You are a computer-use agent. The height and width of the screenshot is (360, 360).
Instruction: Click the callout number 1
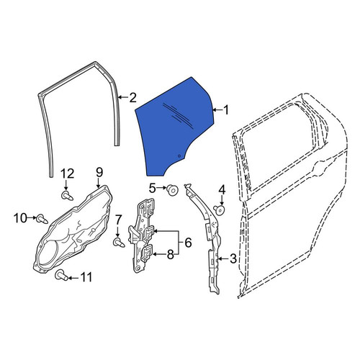[x=226, y=110]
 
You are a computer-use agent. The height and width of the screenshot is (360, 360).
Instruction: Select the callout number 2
[x=132, y=98]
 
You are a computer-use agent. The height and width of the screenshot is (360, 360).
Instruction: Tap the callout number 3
[x=233, y=258]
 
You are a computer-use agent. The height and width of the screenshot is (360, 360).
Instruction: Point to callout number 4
[x=222, y=190]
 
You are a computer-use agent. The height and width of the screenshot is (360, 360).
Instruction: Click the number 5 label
[x=153, y=188]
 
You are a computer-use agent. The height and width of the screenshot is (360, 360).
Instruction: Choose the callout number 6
[x=188, y=243]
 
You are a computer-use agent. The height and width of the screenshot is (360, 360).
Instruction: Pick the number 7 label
[x=118, y=220]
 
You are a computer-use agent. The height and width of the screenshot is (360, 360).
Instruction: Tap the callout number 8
[x=171, y=254]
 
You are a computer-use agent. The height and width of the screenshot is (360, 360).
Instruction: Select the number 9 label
[x=99, y=173]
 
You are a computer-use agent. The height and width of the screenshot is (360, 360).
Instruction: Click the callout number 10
[x=21, y=218]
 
